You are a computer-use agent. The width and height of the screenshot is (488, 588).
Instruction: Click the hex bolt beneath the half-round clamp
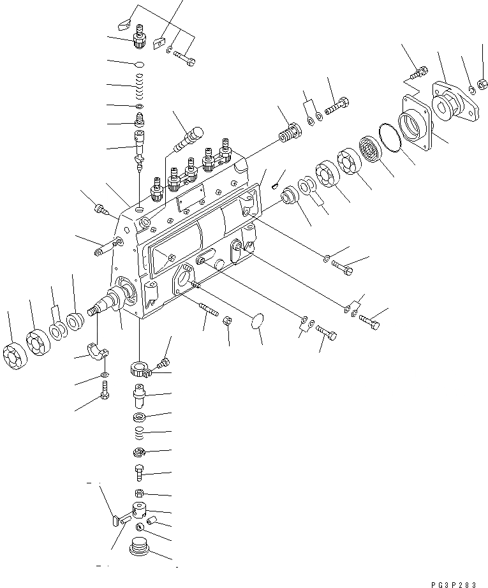105,390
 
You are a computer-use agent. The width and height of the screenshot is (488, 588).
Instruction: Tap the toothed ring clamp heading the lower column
140,369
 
